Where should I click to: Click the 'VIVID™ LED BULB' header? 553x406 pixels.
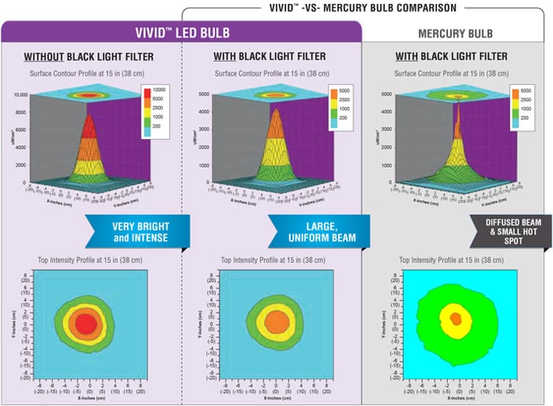(x=182, y=33)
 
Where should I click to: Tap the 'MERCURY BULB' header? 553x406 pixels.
(x=457, y=34)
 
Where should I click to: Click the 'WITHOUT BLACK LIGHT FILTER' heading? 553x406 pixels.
(x=88, y=57)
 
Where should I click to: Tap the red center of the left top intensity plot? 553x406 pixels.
(x=87, y=325)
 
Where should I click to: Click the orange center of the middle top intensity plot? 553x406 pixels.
(x=276, y=321)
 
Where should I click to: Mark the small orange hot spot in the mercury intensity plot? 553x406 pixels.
(x=456, y=318)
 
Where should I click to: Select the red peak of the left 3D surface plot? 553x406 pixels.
(x=88, y=126)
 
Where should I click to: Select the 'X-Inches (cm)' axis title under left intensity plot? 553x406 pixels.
(x=88, y=399)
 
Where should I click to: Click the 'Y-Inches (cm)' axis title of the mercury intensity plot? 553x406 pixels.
(x=384, y=325)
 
